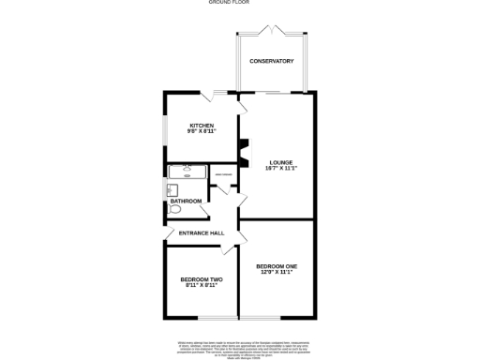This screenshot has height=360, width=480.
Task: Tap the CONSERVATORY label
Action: pyautogui.click(x=272, y=62)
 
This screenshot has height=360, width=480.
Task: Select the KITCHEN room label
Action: pyautogui.click(x=202, y=125)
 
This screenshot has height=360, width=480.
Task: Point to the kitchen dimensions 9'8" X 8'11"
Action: pyautogui.click(x=202, y=132)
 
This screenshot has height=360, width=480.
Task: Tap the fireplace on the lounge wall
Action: pyautogui.click(x=243, y=153)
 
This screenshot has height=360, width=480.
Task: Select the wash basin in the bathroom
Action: pyautogui.click(x=172, y=188)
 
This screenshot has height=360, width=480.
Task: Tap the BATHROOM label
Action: pyautogui.click(x=186, y=201)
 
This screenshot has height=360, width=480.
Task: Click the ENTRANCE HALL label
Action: pyautogui.click(x=202, y=232)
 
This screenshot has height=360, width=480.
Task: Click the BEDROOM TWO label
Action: pyautogui.click(x=202, y=279)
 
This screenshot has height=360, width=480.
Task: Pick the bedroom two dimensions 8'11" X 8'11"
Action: pyautogui.click(x=202, y=287)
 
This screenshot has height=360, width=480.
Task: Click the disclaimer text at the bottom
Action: pyautogui.click(x=240, y=348)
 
